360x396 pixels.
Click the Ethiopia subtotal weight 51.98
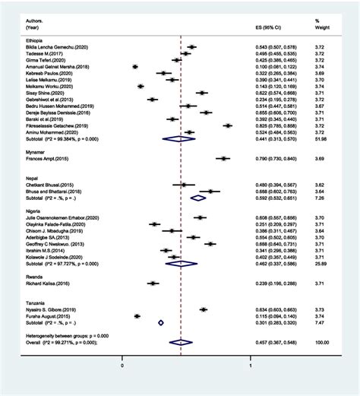pyautogui.click(x=322, y=138)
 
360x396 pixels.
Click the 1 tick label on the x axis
pyautogui.click(x=251, y=366)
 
